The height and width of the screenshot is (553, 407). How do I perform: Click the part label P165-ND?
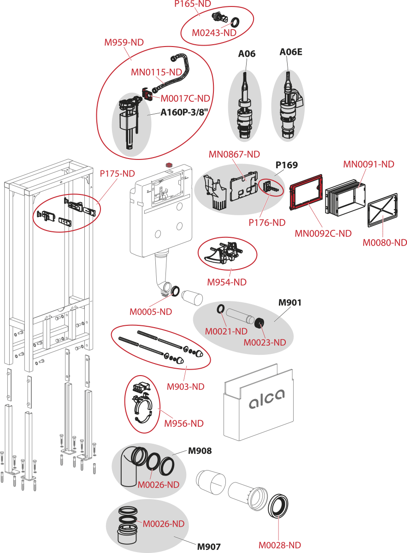coord(193,4)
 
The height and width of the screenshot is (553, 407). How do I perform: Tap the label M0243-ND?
coord(214,33)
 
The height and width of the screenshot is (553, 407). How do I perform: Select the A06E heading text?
coord(291,52)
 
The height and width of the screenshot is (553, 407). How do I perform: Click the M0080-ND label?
coord(385,242)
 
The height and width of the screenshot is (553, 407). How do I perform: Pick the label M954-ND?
coord(227,282)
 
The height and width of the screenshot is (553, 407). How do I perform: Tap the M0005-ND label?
coord(151,312)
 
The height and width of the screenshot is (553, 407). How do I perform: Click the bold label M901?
coord(290,303)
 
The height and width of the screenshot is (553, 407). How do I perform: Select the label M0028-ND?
coord(280,546)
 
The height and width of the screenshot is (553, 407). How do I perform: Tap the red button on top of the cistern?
coord(168,164)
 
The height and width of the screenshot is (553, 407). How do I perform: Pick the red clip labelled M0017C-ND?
coord(147,95)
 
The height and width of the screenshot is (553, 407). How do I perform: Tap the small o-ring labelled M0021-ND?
coord(221,308)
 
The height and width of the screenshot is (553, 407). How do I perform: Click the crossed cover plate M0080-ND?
coord(382,216)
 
